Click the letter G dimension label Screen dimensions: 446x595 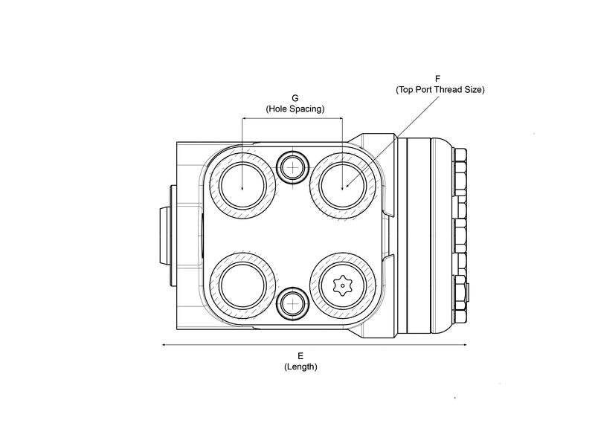coord(295,97)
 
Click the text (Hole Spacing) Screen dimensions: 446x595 coord(295,109)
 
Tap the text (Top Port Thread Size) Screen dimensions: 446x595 coord(440,89)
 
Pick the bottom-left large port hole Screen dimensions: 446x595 coord(243,286)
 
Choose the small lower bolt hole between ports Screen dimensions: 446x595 coord(292,303)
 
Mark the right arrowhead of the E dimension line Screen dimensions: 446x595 coord(465,345)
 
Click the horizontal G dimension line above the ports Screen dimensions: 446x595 coord(292,118)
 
